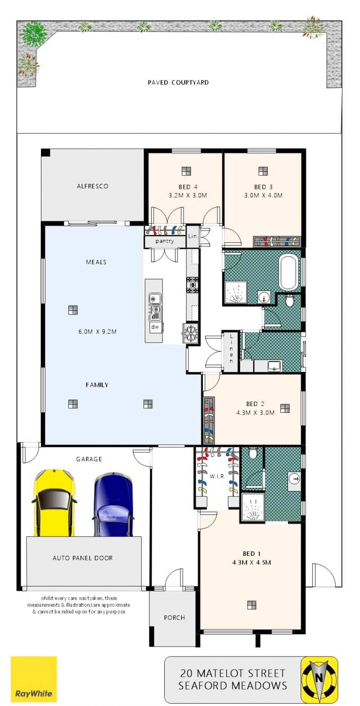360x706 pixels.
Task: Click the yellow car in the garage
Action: [54, 502]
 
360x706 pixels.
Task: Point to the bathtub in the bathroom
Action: [288, 273]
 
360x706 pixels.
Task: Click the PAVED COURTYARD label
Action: [178, 83]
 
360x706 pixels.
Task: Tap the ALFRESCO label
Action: [92, 186]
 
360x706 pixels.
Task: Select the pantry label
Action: [164, 241]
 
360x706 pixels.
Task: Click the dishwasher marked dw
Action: [155, 326]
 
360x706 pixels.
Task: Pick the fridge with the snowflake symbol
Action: [190, 333]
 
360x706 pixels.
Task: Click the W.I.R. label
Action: [217, 476]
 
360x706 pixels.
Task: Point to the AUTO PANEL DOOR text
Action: [83, 558]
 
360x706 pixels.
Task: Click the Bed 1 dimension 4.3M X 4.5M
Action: [252, 562]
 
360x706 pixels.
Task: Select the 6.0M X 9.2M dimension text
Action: [98, 331]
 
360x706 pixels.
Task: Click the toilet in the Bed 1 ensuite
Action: [253, 453]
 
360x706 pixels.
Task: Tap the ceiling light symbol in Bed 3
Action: [263, 171]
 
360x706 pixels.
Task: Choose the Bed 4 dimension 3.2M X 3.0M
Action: [188, 196]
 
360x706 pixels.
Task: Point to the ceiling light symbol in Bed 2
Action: [285, 408]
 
